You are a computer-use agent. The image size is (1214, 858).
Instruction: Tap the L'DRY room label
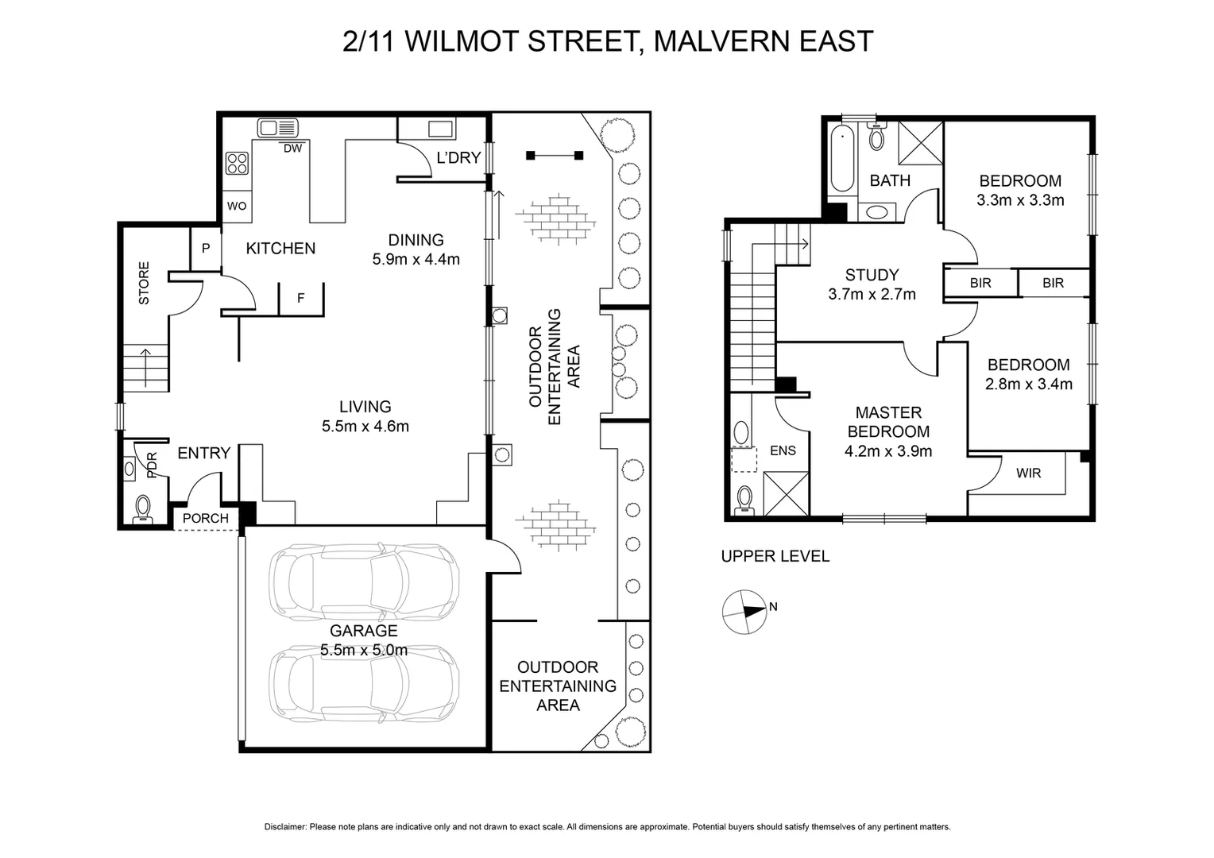[x=458, y=158]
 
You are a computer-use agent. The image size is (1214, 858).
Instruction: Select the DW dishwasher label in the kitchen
[x=292, y=149]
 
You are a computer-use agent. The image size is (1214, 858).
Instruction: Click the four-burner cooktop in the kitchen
[x=237, y=163]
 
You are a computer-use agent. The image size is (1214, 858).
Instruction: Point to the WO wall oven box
[x=237, y=206]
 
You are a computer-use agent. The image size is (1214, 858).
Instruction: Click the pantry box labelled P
[x=205, y=249]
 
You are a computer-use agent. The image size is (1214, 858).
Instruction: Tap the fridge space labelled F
[x=300, y=299]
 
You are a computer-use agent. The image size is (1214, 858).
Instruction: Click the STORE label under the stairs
[x=144, y=284]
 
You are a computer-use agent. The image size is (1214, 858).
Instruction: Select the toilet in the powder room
[x=143, y=507]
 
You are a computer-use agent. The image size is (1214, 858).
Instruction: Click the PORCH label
[x=205, y=519]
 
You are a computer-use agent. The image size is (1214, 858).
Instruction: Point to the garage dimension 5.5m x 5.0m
[x=364, y=650]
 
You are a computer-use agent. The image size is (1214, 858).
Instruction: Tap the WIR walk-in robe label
[x=1028, y=473]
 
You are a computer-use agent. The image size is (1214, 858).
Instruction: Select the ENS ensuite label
[x=783, y=450]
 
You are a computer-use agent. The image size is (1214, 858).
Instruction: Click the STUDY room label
[x=872, y=275]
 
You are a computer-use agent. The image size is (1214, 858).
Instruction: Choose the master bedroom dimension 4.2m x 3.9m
[x=888, y=451]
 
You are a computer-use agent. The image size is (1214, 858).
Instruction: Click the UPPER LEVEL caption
[x=775, y=557]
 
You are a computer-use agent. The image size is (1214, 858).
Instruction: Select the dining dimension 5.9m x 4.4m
[x=416, y=259]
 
